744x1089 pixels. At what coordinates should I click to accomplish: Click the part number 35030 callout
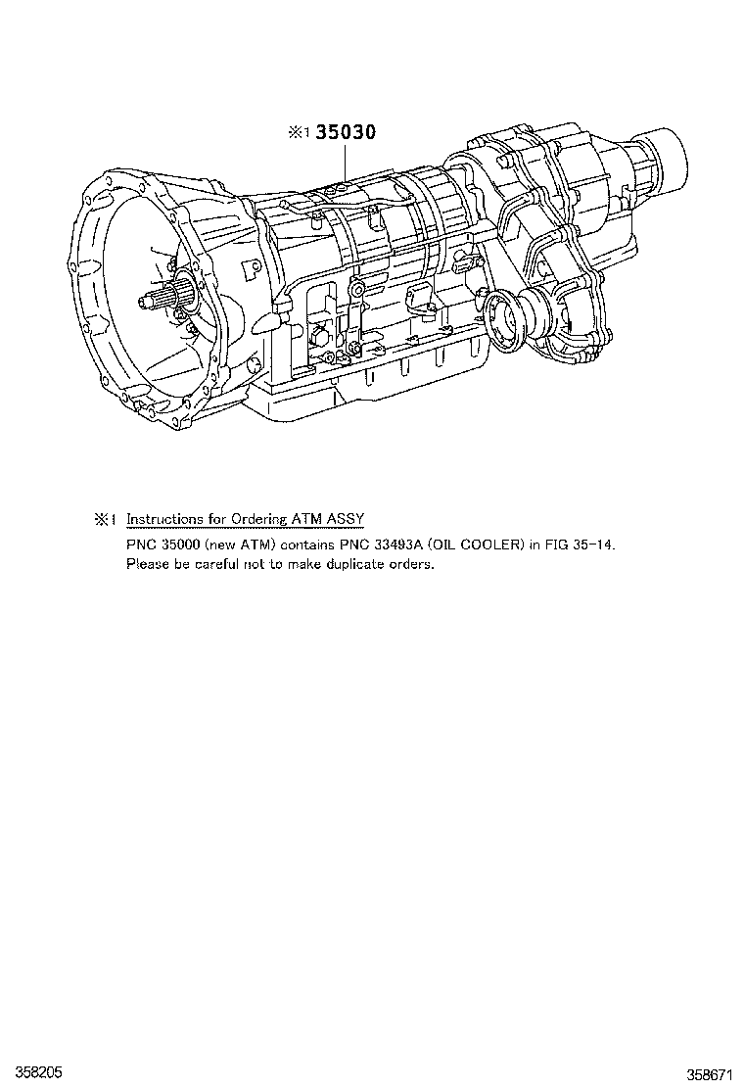pyautogui.click(x=345, y=133)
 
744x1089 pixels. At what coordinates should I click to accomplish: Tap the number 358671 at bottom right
pyautogui.click(x=710, y=1072)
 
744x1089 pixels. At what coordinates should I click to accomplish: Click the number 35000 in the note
pyautogui.click(x=182, y=544)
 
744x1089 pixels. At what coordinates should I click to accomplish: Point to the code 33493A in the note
pyautogui.click(x=395, y=544)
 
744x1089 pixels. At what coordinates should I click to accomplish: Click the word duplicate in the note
pyautogui.click(x=354, y=564)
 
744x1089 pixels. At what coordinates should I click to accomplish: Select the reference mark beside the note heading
pyautogui.click(x=105, y=519)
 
